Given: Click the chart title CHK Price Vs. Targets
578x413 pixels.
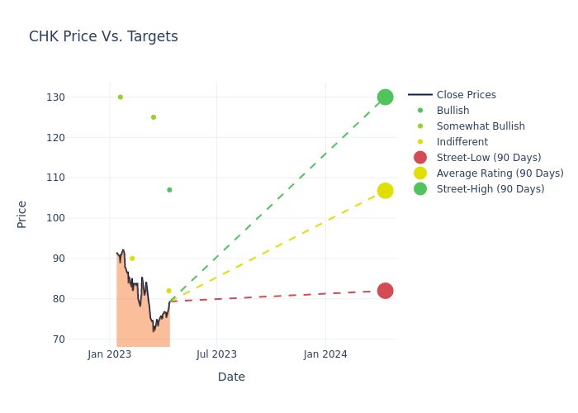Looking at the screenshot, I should tap(103, 37).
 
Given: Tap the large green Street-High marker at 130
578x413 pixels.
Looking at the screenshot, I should tap(385, 97).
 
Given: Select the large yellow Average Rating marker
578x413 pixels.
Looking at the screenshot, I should tap(385, 191).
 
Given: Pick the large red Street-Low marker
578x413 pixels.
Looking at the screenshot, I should tap(385, 291).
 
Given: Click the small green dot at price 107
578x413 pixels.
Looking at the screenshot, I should tap(169, 190).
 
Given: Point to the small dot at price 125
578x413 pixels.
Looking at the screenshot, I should tap(153, 117).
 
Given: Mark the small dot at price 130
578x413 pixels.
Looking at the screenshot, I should tap(120, 97).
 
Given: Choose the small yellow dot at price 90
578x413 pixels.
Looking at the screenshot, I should tap(131, 259).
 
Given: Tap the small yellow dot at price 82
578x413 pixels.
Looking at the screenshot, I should tap(168, 291).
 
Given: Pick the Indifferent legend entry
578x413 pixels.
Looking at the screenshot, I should tap(462, 142).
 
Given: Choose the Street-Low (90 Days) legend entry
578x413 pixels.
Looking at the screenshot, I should tap(489, 158).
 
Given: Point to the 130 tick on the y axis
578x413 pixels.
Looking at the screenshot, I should tap(55, 97).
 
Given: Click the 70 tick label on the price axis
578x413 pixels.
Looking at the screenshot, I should tap(58, 339).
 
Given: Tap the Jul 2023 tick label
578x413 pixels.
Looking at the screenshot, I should tap(216, 354).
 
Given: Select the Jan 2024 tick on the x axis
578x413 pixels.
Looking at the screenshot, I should tap(325, 354).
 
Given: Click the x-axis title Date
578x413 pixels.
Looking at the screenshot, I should tap(231, 377).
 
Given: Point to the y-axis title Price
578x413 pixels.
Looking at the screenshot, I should tap(22, 214).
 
